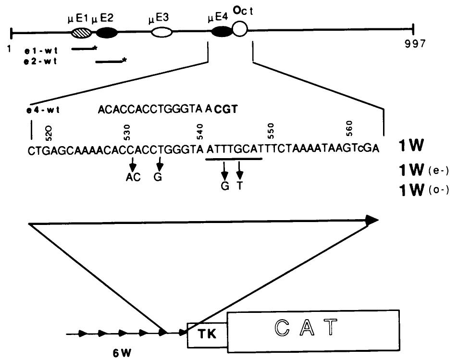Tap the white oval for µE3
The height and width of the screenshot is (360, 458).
[161, 33]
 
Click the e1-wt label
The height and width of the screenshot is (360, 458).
[40, 49]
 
